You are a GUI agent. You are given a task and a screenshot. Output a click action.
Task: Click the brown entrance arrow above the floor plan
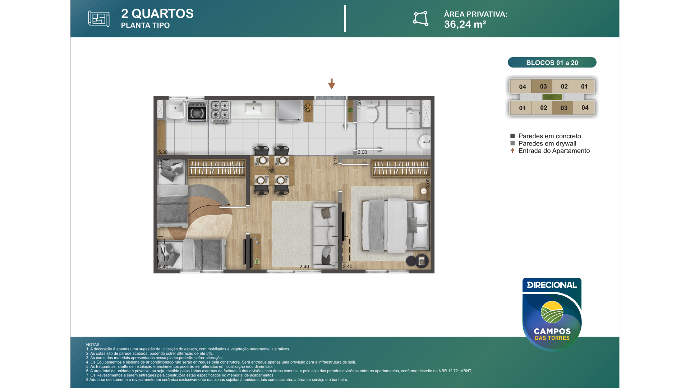coord(331,84)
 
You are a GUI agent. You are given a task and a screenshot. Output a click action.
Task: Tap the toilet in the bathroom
coord(371,111)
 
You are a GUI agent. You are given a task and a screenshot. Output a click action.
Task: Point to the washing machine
coord(197,111)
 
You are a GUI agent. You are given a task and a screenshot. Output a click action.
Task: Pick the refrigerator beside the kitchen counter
coord(290,111)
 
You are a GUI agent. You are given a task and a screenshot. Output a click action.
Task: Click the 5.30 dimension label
coord(163,152)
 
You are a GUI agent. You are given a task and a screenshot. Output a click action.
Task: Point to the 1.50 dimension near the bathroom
coord(359,105)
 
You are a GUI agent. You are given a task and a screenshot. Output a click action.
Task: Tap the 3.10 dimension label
coord(335,161)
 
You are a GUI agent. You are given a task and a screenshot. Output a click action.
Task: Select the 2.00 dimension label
coord(362,152)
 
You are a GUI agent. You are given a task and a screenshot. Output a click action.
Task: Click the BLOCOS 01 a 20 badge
coord(552,63)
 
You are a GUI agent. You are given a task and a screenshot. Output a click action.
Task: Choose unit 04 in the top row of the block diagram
coord(522,87)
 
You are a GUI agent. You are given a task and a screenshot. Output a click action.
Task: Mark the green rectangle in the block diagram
coord(552,97)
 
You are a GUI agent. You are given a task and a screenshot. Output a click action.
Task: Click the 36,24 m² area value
coord(465,24)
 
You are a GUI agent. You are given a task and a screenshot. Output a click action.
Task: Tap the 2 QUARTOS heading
coord(157,14)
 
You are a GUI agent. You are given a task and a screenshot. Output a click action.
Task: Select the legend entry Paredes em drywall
coord(547,143)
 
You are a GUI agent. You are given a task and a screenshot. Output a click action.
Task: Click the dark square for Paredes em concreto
coord(512,136)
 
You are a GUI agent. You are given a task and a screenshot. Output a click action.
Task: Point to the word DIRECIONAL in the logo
coord(552,285)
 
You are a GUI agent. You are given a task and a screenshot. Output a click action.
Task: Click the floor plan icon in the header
coord(99,19)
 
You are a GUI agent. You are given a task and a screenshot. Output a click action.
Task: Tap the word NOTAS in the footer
coord(93,345)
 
